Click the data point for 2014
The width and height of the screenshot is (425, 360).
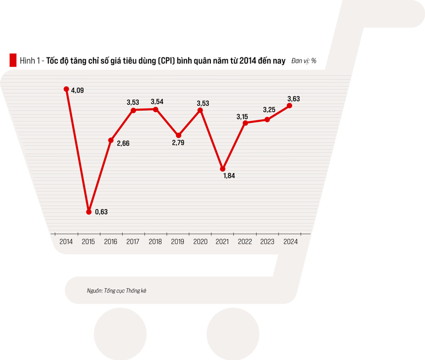(66, 89)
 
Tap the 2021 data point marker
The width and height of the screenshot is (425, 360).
(223, 169)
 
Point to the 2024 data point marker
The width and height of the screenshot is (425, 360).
(290, 106)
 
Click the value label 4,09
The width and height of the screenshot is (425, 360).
(77, 91)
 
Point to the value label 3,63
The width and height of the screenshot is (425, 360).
(294, 98)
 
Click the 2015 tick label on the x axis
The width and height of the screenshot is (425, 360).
(89, 242)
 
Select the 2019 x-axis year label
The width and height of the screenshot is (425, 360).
(178, 242)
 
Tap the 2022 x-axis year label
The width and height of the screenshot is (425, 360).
(245, 242)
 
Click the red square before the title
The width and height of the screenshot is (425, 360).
(13, 61)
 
